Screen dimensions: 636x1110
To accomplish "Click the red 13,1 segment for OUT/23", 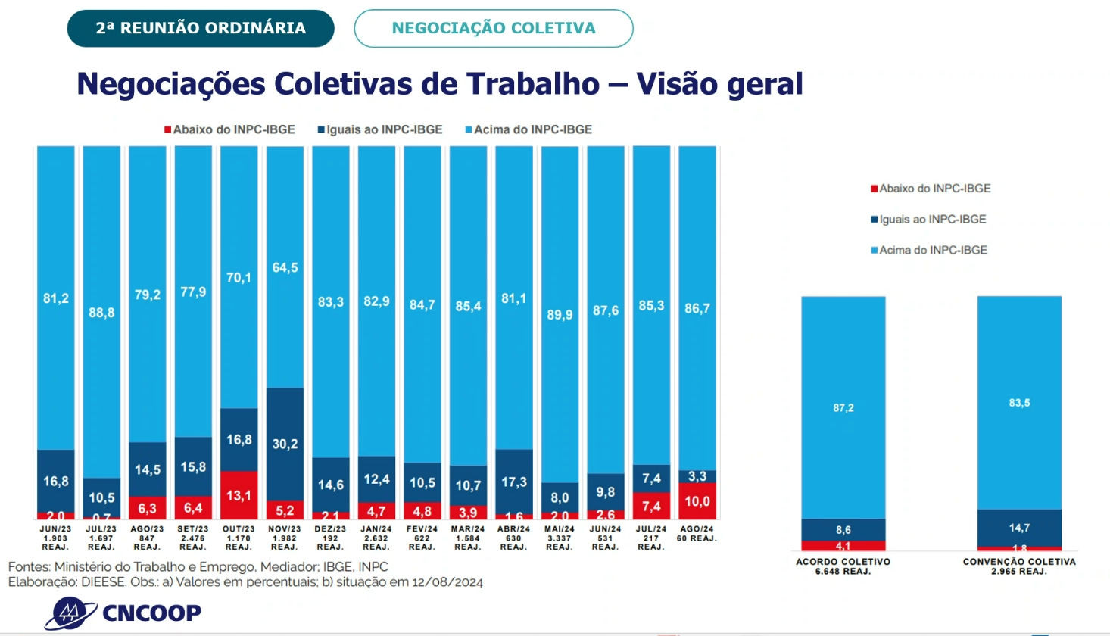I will coord(239,495).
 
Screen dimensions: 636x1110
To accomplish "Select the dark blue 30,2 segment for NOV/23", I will coord(285,444).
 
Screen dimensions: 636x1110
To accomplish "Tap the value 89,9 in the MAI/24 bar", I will coord(560,314).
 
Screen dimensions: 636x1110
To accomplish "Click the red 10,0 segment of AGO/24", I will coord(697,500).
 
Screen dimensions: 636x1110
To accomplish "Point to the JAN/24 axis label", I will coord(376,538).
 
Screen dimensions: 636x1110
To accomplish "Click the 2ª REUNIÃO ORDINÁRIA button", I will coord(201,29).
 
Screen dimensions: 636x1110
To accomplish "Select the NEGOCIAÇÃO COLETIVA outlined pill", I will coord(493,29).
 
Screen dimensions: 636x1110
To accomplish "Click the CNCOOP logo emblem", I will coord(70,612).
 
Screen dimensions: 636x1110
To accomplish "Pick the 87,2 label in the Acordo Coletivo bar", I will coord(843,407).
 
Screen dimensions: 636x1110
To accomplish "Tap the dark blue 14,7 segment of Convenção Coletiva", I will coord(1019,527).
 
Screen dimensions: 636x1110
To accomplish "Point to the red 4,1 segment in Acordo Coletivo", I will coord(843,545).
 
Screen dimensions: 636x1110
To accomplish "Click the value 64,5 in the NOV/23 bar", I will coord(285,267).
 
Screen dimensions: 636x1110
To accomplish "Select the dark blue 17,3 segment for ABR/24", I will coord(513,481).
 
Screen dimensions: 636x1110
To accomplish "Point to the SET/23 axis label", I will coord(193,538).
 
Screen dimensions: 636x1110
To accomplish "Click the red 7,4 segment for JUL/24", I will coord(651,506).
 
